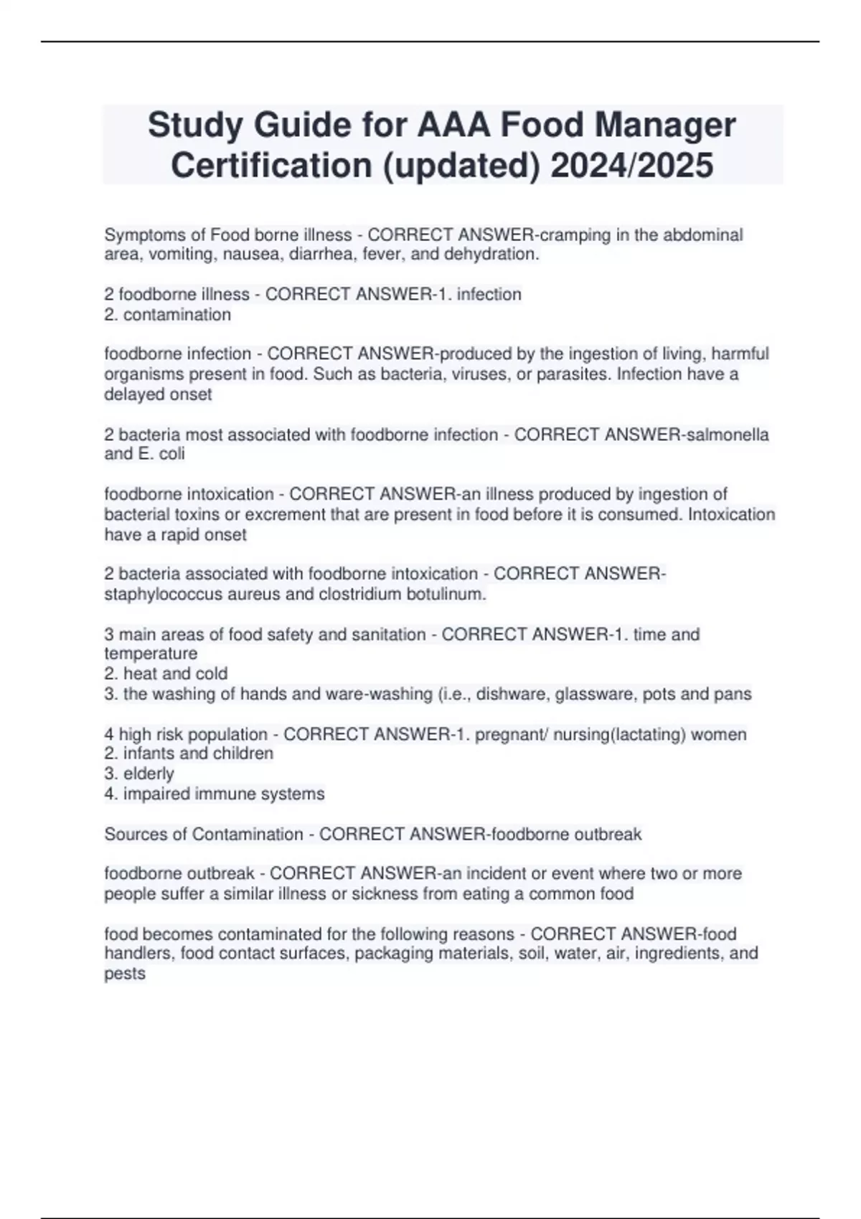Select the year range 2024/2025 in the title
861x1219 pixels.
tap(631, 165)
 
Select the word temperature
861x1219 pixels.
tap(151, 654)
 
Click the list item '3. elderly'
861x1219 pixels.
tap(139, 774)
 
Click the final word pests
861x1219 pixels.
tap(125, 974)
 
